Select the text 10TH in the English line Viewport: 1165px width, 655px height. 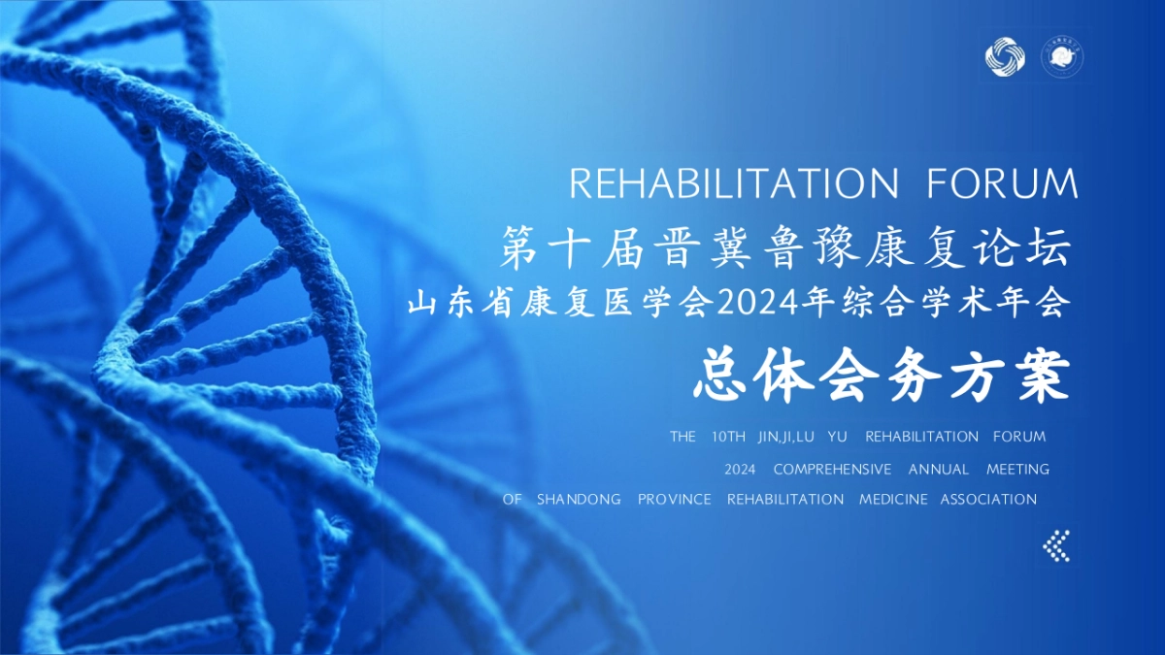[728, 437]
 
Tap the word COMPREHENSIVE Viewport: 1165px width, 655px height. [832, 470]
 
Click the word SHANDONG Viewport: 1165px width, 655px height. [579, 500]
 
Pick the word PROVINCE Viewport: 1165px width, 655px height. [675, 500]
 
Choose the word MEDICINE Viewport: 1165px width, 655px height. [893, 500]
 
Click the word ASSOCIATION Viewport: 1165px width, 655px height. [988, 500]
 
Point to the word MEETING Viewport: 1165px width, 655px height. [1017, 470]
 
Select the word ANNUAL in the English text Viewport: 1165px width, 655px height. [939, 470]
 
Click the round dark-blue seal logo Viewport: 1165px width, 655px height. [1062, 56]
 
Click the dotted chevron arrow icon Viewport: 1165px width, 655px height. [1056, 545]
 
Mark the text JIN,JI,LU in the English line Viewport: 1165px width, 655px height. [784, 437]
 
